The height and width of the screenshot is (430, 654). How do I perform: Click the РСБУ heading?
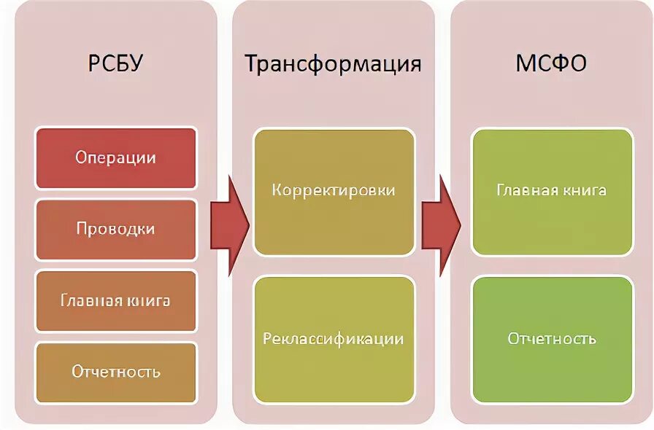(x=115, y=64)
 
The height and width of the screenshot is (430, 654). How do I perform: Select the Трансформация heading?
(x=333, y=64)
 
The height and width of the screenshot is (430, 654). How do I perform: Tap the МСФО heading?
(x=551, y=64)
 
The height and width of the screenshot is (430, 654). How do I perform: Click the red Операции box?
(x=115, y=157)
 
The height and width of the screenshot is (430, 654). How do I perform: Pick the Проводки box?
(x=115, y=229)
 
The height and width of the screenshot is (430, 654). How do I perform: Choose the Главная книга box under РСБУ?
(x=115, y=300)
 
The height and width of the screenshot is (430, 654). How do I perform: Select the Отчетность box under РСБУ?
(x=115, y=372)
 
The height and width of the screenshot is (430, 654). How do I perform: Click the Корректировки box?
(x=334, y=191)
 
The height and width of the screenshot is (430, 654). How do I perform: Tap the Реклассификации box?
(x=334, y=339)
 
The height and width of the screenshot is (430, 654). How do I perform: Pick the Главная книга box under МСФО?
(x=551, y=191)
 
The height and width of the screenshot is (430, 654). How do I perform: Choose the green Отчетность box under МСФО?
(x=551, y=339)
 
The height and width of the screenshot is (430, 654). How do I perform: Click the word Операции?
(x=115, y=157)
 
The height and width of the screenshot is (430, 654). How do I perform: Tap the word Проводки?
(x=115, y=229)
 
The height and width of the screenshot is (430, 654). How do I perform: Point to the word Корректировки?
(x=334, y=191)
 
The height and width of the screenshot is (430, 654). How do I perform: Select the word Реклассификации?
(x=334, y=339)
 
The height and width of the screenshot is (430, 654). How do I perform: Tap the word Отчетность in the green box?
(x=551, y=339)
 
